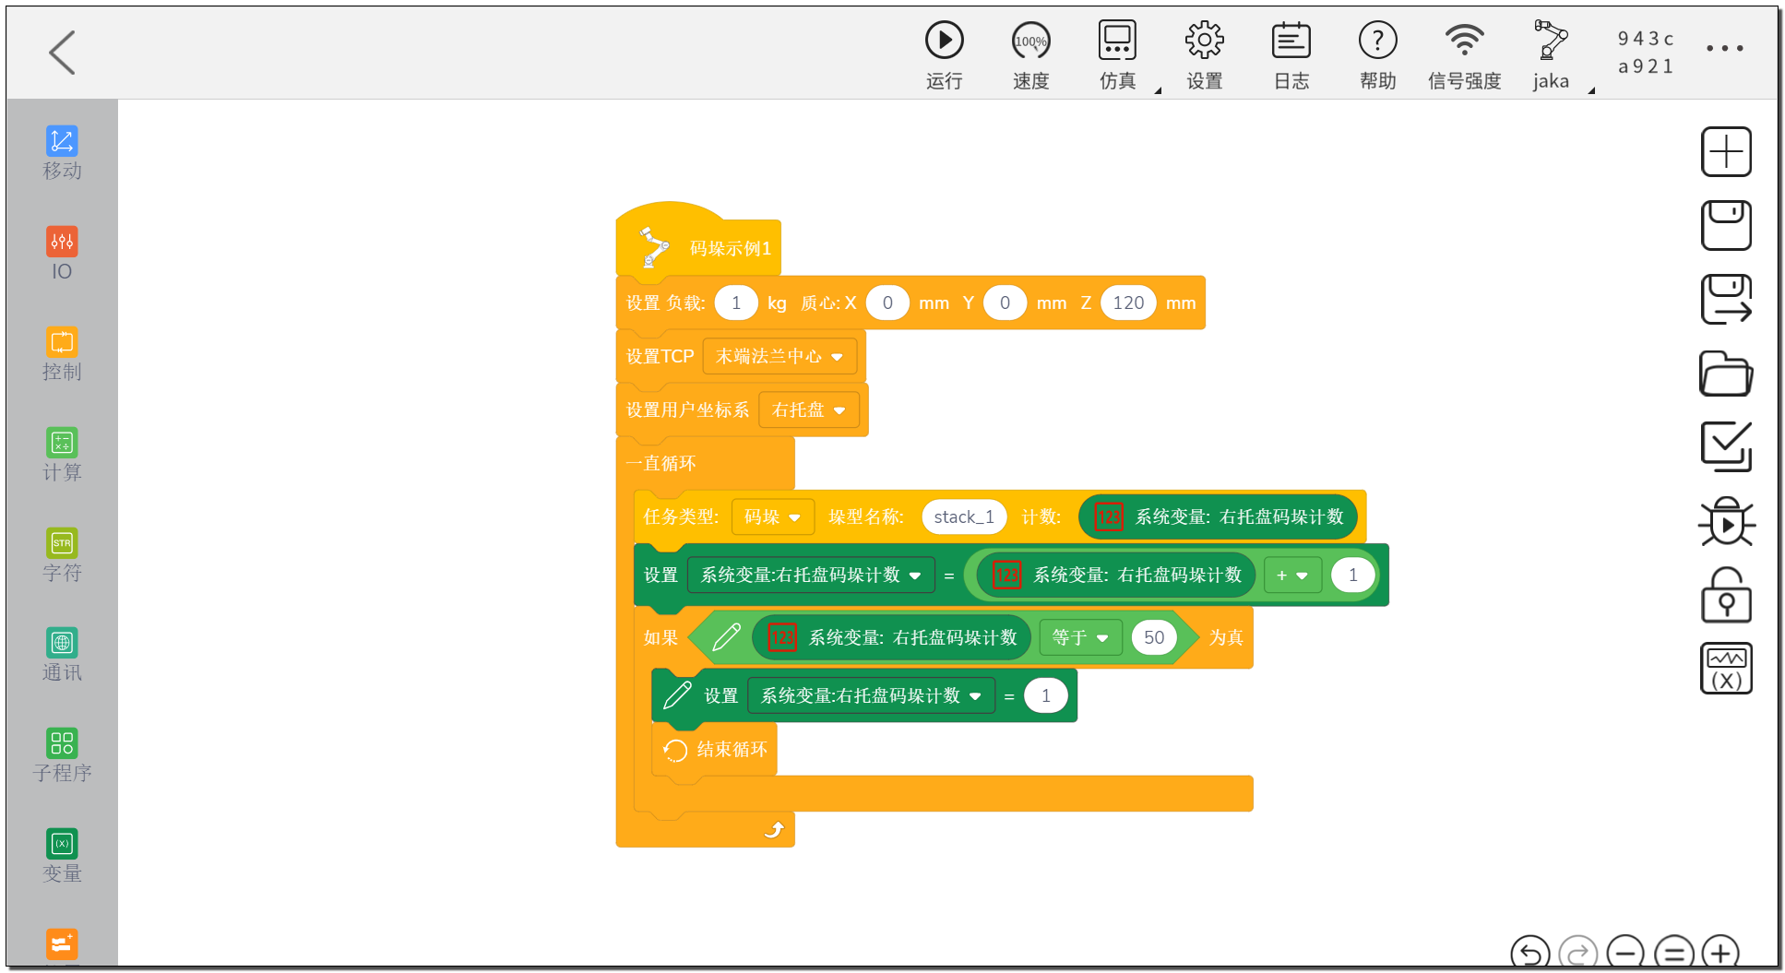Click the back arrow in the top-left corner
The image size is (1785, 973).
pyautogui.click(x=62, y=52)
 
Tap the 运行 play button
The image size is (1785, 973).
pyautogui.click(x=944, y=41)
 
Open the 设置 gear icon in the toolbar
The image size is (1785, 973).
pyautogui.click(x=1204, y=41)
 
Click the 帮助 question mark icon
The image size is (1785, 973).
pyautogui.click(x=1377, y=41)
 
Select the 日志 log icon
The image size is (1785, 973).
pyautogui.click(x=1291, y=41)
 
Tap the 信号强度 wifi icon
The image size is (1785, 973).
pyautogui.click(x=1464, y=41)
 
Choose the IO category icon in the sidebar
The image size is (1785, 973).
pyautogui.click(x=62, y=242)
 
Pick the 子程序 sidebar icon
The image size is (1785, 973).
pyautogui.click(x=62, y=743)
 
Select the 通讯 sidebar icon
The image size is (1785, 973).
pyautogui.click(x=62, y=643)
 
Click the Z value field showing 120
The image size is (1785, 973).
pyautogui.click(x=1128, y=303)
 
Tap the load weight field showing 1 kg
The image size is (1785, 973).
pyautogui.click(x=736, y=303)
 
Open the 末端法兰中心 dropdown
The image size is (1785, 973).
pyautogui.click(x=779, y=356)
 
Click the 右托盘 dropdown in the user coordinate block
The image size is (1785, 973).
pyautogui.click(x=809, y=409)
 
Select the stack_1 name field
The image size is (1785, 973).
pyautogui.click(x=964, y=516)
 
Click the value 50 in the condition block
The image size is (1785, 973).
pyautogui.click(x=1154, y=637)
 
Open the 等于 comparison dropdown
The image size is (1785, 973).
pyautogui.click(x=1080, y=637)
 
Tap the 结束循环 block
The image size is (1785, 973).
pyautogui.click(x=716, y=750)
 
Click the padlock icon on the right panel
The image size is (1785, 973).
pyautogui.click(x=1726, y=595)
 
